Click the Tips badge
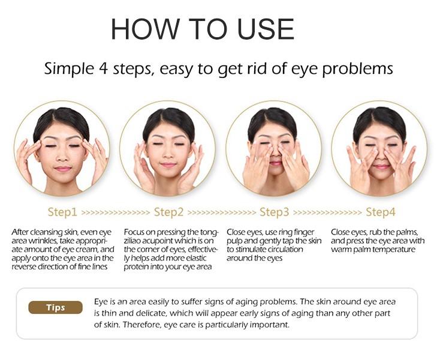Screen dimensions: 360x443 click(x=55, y=308)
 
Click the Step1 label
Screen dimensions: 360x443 click(x=62, y=212)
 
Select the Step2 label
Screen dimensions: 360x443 click(x=168, y=212)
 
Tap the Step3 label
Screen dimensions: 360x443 click(x=274, y=212)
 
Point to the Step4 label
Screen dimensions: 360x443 click(x=381, y=212)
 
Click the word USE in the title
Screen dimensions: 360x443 click(x=263, y=29)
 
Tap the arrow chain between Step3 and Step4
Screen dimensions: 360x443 click(x=327, y=213)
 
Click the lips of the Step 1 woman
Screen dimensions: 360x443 click(x=62, y=169)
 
